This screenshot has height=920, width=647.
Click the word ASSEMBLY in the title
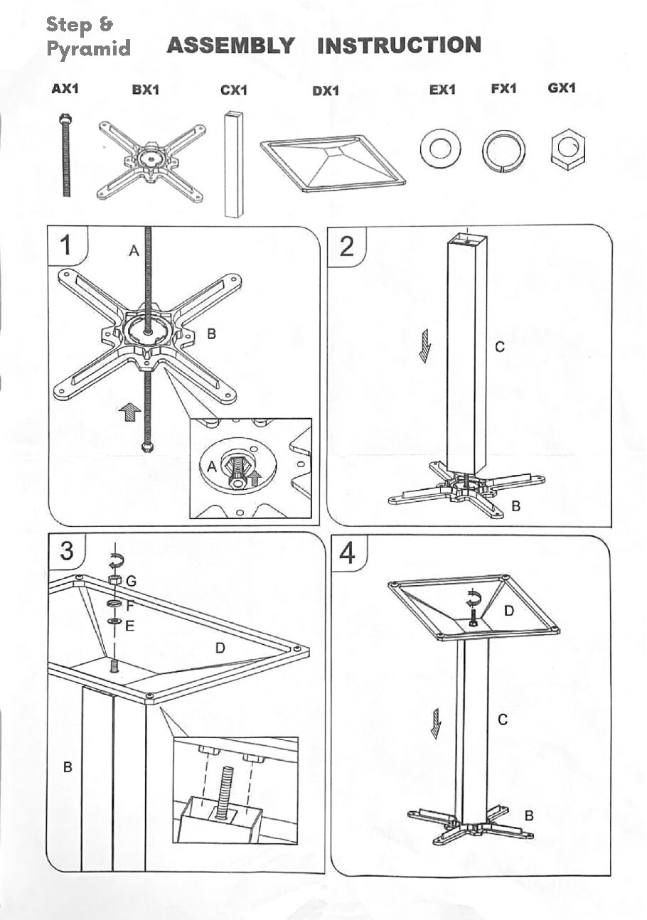(230, 46)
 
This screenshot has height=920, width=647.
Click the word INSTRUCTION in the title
(400, 46)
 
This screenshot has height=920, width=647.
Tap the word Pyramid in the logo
(88, 49)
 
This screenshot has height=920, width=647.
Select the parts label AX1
(65, 88)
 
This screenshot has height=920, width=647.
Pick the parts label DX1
(326, 90)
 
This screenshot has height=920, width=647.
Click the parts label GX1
(562, 88)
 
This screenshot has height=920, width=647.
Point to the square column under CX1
(234, 164)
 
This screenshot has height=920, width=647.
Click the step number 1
(65, 245)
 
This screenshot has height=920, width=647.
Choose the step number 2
(346, 247)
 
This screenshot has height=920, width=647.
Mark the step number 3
(67, 550)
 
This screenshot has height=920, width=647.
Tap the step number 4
(347, 552)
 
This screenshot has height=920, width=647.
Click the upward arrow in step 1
(129, 412)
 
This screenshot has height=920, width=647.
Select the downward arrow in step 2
(424, 346)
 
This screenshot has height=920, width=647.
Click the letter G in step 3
(131, 581)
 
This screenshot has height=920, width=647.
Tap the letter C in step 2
(500, 347)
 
